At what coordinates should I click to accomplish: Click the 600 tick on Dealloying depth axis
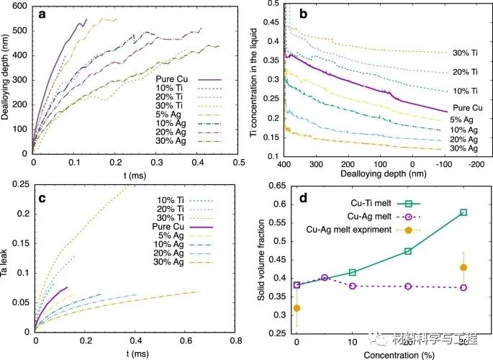coord(20,6)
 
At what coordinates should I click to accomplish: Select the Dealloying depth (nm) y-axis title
coord(6,78)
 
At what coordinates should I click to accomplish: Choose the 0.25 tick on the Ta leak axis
coord(20,185)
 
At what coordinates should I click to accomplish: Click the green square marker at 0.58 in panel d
coord(463,212)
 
